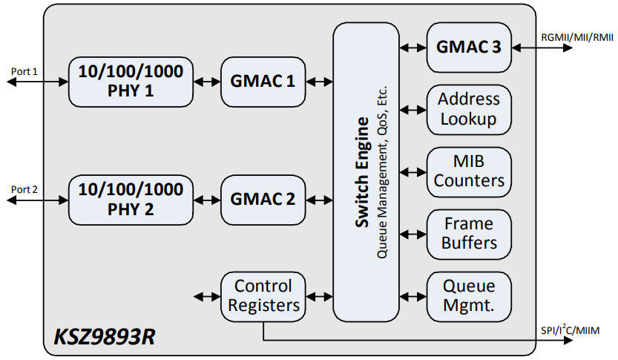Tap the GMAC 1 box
263,81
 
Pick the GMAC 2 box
263,199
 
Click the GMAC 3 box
469,47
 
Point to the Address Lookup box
469,109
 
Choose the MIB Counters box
469,171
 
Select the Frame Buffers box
469,233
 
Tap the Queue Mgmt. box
469,295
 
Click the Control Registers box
263,295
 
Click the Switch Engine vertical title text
362,171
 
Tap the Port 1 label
24,71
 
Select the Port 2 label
24,189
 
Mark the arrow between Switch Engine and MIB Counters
412,171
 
